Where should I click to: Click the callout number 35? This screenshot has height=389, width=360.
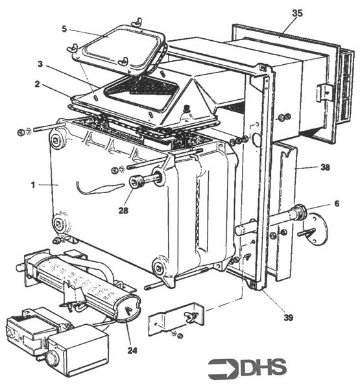pos(297,12)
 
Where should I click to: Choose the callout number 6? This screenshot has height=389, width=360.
pos(335,203)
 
